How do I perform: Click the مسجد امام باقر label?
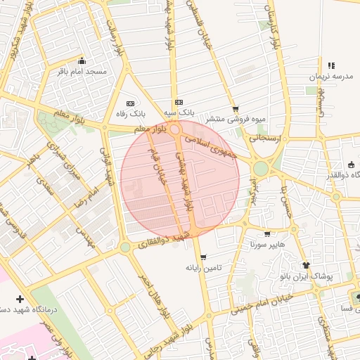pyautogui.click(x=86, y=72)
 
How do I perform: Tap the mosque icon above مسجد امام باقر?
pyautogui.click(x=82, y=60)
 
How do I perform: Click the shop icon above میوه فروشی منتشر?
pyautogui.click(x=235, y=108)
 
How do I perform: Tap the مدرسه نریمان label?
pyautogui.click(x=331, y=77)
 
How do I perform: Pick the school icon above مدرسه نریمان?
pyautogui.click(x=331, y=65)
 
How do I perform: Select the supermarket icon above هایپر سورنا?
pyautogui.click(x=266, y=234)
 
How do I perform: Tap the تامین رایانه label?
pyautogui.click(x=203, y=268)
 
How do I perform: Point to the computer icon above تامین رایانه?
pyautogui.click(x=203, y=257)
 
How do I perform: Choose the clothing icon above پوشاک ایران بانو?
pyautogui.click(x=307, y=265)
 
